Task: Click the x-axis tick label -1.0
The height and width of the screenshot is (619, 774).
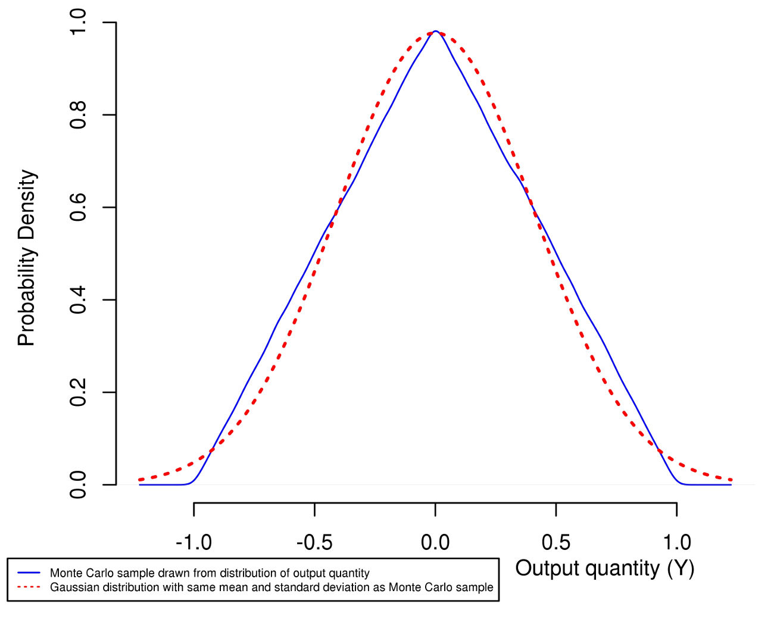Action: pyautogui.click(x=193, y=542)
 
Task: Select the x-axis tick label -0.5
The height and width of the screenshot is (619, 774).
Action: pyautogui.click(x=314, y=542)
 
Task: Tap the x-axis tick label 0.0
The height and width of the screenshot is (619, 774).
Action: pyautogui.click(x=435, y=542)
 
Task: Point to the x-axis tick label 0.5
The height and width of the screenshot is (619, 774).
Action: pyautogui.click(x=556, y=542)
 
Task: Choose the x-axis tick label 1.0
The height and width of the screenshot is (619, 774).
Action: pyautogui.click(x=677, y=542)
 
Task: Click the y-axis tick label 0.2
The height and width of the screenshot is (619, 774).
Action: pyautogui.click(x=78, y=392)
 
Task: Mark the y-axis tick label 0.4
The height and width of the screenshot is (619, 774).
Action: pyautogui.click(x=78, y=300)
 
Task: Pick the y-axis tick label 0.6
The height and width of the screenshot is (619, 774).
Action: pyautogui.click(x=78, y=207)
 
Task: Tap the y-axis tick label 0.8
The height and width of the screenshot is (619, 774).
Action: pyautogui.click(x=78, y=115)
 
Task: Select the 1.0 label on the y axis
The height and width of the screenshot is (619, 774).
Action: pyautogui.click(x=78, y=22)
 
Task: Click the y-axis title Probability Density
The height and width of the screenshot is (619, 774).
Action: pyautogui.click(x=27, y=258)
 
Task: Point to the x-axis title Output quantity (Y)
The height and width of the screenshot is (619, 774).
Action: pyautogui.click(x=604, y=568)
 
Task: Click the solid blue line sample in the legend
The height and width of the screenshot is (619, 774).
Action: pyautogui.click(x=29, y=573)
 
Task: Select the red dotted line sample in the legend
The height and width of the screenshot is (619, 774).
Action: pyautogui.click(x=29, y=587)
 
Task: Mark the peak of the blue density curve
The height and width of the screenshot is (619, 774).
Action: pyautogui.click(x=436, y=31)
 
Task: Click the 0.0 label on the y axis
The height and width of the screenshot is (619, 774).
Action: pyautogui.click(x=78, y=485)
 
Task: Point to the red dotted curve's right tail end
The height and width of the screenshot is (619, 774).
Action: pyautogui.click(x=731, y=479)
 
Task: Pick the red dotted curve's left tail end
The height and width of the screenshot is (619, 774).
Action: pyautogui.click(x=139, y=479)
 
